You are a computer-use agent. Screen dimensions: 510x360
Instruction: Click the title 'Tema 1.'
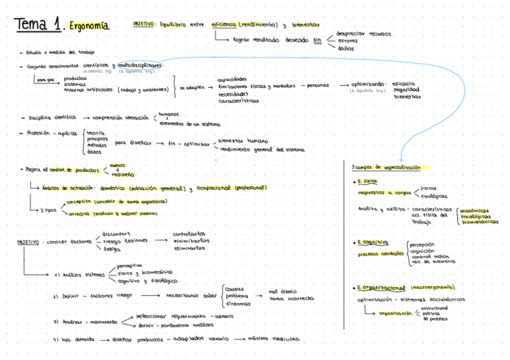tap(40, 25)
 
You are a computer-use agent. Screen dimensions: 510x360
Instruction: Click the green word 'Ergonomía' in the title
tap(89, 26)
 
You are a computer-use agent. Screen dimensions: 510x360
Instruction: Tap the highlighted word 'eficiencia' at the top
tap(224, 25)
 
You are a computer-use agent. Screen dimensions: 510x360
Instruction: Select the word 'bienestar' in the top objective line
tap(305, 25)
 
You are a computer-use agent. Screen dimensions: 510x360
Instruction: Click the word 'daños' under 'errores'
tap(345, 48)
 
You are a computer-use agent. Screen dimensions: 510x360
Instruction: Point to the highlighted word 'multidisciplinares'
tap(140, 65)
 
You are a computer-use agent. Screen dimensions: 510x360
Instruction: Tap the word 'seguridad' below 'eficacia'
tap(405, 90)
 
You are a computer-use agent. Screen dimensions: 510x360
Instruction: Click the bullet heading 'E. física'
tap(367, 181)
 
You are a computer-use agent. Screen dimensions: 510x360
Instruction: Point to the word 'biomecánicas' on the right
tap(480, 222)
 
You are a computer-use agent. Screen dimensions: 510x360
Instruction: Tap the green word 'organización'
tap(395, 313)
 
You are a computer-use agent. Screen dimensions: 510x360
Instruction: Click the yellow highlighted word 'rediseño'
tap(123, 174)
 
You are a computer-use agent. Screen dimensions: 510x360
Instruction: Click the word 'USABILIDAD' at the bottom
tap(285, 340)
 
